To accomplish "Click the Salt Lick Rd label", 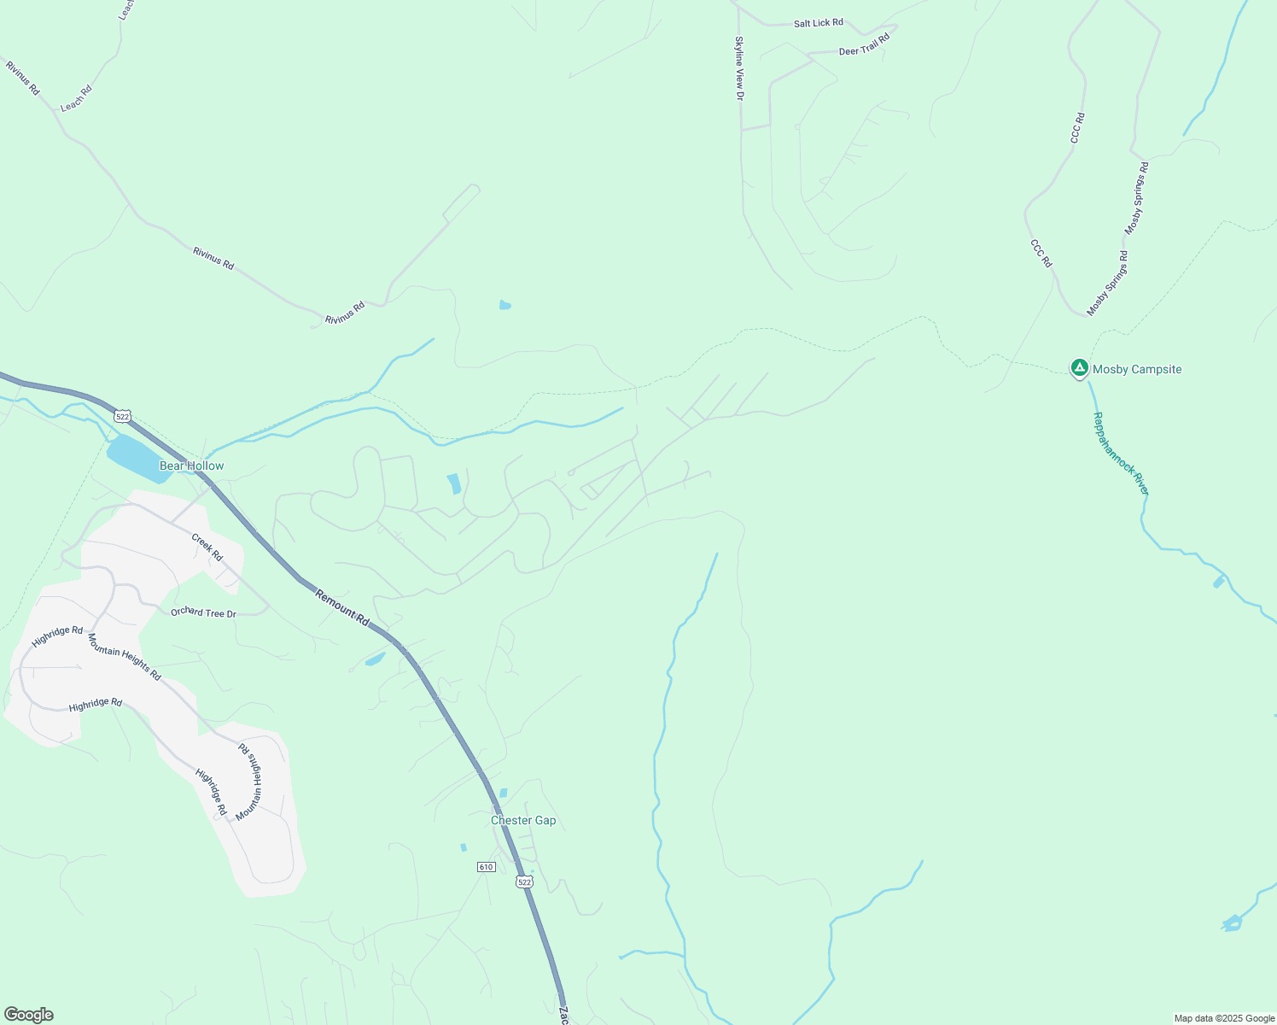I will pos(818,23).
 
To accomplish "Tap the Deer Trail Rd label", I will pos(864,44).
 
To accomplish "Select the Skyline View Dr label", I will pos(739,68).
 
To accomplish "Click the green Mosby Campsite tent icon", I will pos(1079,368).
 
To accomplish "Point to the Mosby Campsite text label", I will pos(1137,369).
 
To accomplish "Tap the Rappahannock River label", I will pos(1121,454).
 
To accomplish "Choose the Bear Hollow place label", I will pos(192,466).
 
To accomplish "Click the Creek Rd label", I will pos(207,548).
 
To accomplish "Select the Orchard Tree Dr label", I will pos(203,612).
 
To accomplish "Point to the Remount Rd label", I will pos(341,607).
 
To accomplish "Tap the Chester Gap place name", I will pos(523,820).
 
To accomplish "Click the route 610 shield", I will pos(486,867).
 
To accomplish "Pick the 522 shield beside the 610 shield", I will pos(524,881).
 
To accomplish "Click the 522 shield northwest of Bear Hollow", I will pos(122,416).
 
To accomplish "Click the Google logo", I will pos(29,1015).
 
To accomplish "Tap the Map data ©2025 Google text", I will pos(1223,1018).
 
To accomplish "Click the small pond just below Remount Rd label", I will pos(375,659).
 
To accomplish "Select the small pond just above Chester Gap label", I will pos(503,793).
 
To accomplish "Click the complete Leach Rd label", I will pos(76,98).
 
